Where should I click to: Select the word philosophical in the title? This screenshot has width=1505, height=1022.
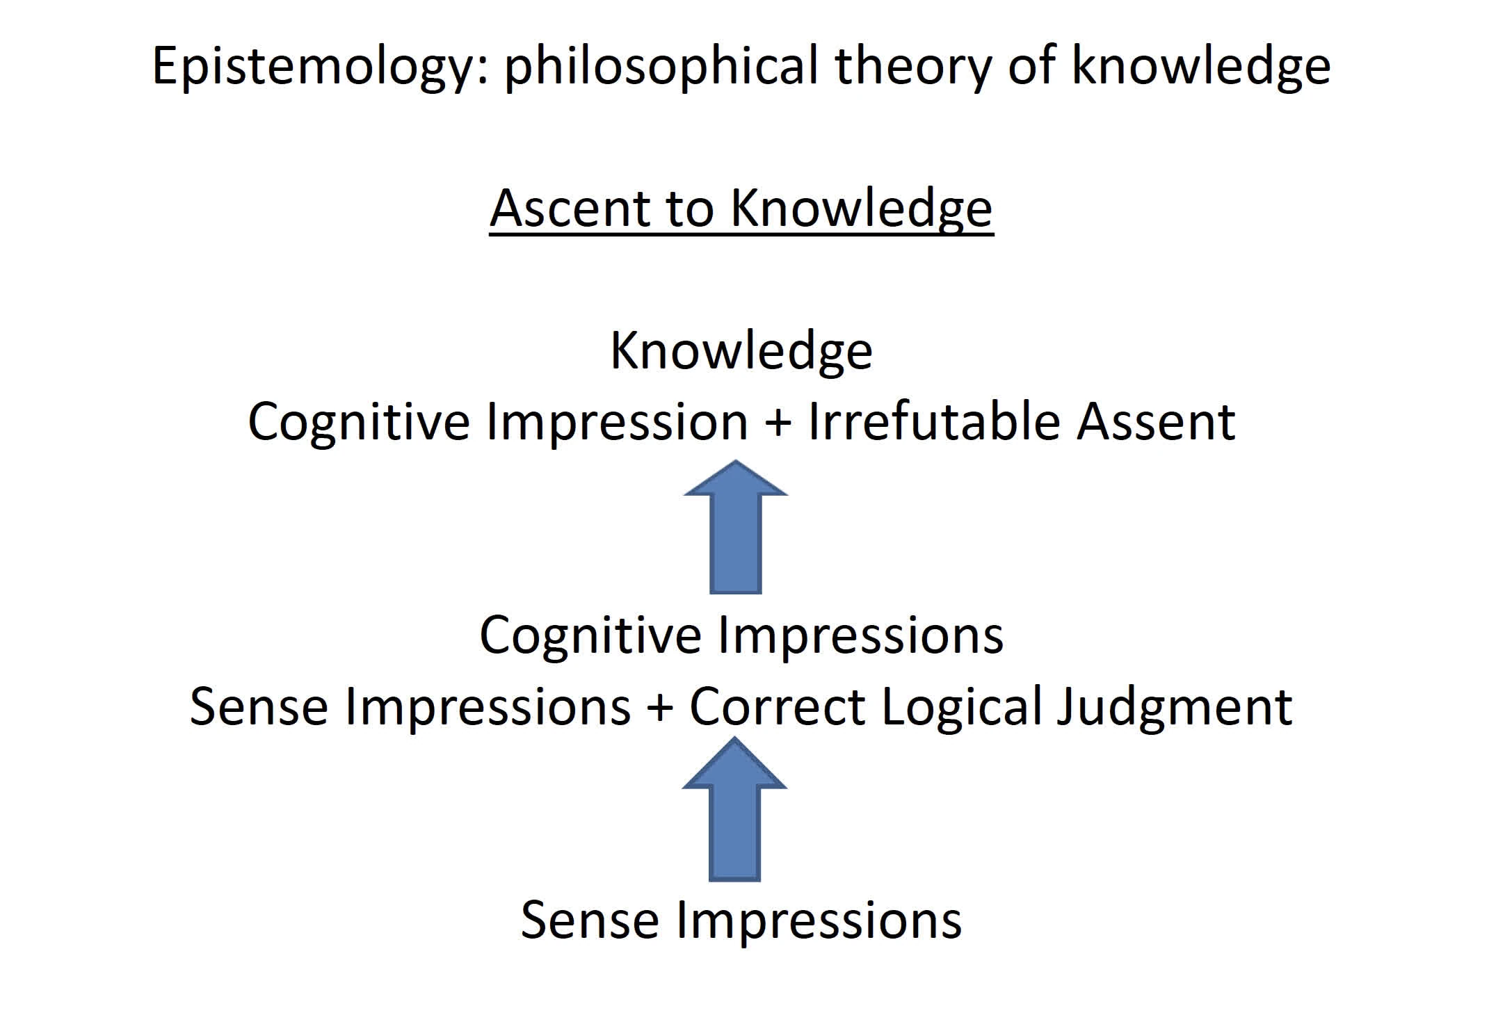tap(661, 67)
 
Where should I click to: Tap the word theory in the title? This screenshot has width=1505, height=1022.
tap(913, 67)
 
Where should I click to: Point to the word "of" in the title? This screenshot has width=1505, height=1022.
tap(1031, 66)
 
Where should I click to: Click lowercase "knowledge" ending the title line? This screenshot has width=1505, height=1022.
tap(1201, 67)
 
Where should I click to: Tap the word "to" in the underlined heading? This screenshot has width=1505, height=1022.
tap(691, 209)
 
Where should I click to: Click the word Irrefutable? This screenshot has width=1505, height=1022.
tap(934, 421)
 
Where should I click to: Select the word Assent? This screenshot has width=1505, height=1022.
tap(1156, 422)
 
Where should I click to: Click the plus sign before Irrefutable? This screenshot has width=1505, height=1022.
tap(778, 424)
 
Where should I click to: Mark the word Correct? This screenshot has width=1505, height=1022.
tap(777, 706)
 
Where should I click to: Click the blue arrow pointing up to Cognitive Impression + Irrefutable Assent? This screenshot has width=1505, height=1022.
tap(736, 527)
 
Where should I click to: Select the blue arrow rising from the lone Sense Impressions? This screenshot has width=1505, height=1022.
tap(735, 809)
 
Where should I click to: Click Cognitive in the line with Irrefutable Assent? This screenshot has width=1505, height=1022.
tap(359, 422)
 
